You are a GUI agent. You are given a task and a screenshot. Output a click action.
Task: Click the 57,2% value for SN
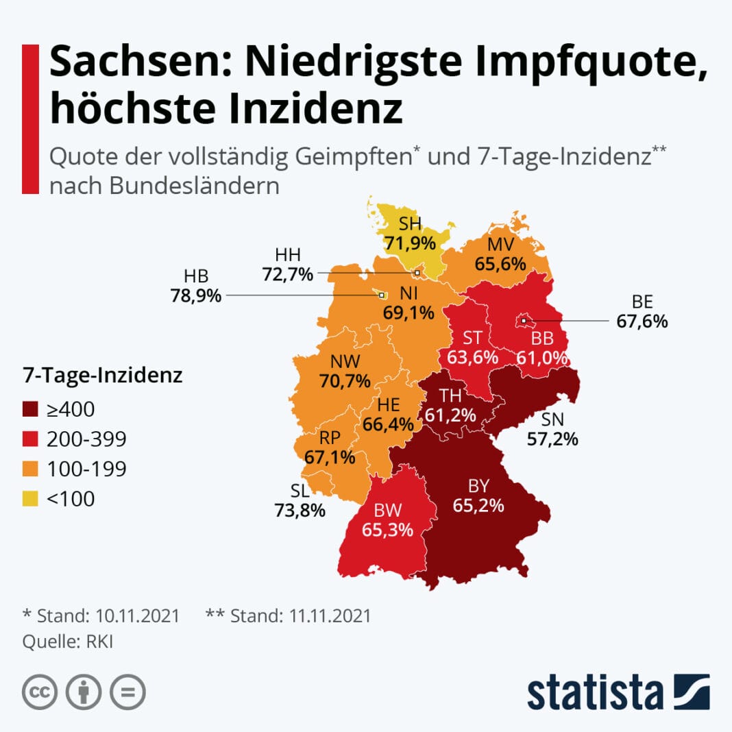(552, 439)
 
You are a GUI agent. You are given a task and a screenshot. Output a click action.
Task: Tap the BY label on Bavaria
(478, 486)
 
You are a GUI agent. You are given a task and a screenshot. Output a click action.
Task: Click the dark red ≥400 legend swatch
(31, 410)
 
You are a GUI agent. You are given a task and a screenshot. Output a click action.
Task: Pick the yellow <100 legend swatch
(31, 499)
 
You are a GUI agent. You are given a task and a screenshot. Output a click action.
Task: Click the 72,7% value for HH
(287, 274)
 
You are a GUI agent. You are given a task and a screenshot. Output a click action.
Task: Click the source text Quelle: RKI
(72, 642)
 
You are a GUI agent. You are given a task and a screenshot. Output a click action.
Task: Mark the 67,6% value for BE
(642, 321)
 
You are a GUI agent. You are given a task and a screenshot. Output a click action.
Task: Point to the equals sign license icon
(127, 692)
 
